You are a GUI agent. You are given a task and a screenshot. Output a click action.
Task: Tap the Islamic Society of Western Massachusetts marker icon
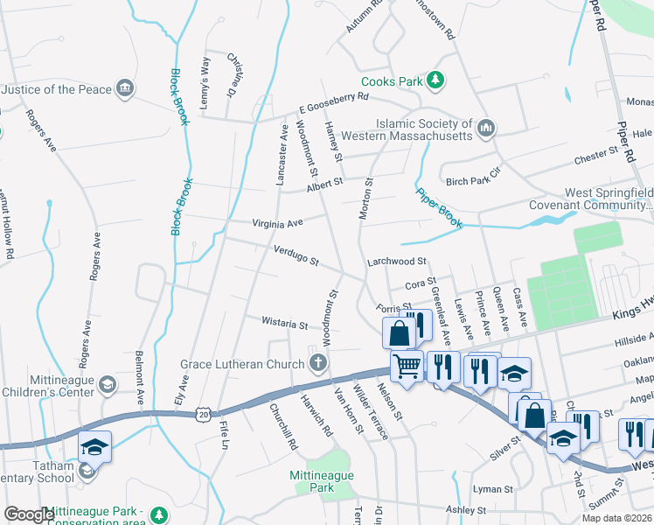tap(486, 130)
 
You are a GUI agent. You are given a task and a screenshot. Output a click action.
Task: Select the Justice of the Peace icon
tap(125, 89)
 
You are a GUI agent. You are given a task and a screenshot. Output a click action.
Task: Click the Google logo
tap(28, 514)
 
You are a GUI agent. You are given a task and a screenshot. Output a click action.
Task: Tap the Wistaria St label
tap(285, 324)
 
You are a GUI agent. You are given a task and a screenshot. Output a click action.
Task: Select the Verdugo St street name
tap(296, 256)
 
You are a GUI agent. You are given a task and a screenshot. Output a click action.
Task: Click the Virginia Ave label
tap(277, 223)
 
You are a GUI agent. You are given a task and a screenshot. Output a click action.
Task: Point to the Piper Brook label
tap(439, 208)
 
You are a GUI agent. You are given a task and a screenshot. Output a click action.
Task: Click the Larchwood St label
tap(396, 261)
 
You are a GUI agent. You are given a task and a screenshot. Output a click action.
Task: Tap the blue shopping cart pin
tap(407, 367)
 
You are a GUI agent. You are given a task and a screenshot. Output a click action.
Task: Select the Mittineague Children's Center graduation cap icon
tap(107, 384)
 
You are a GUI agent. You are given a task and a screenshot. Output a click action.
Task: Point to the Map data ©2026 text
tap(616, 517)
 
